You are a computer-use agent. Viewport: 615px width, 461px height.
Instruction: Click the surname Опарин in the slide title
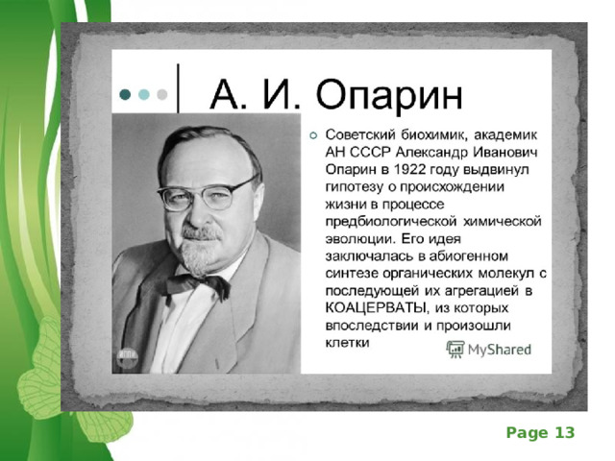click(389, 95)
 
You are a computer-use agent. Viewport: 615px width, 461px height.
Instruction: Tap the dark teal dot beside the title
click(125, 94)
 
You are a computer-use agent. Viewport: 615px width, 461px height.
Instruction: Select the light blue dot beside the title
click(144, 94)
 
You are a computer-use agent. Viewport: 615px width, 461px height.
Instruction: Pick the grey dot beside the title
click(162, 94)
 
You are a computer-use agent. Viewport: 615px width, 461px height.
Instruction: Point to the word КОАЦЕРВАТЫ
click(376, 307)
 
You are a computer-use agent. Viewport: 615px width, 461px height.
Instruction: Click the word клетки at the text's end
click(348, 342)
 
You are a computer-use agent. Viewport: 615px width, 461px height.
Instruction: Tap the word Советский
click(360, 134)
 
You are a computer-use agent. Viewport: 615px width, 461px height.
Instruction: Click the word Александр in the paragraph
click(431, 152)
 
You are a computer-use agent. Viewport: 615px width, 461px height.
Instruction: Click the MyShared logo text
click(500, 350)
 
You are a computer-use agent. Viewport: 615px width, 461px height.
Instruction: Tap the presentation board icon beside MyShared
click(455, 349)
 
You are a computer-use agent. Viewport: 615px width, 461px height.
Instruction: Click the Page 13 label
click(540, 433)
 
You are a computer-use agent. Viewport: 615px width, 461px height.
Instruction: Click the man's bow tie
click(197, 284)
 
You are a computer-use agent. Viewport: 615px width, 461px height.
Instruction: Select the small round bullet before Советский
click(313, 135)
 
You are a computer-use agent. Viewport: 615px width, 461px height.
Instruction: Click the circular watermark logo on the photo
click(128, 356)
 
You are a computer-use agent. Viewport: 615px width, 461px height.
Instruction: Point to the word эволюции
click(359, 239)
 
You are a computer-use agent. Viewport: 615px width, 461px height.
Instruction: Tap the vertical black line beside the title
click(178, 88)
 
